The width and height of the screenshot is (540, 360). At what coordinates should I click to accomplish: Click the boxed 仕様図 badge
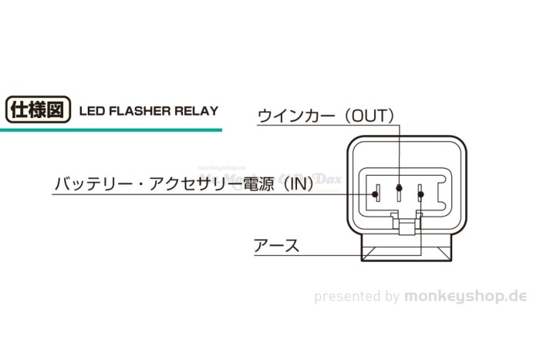coord(38,109)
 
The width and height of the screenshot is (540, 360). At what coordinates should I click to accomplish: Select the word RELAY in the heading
coord(197,110)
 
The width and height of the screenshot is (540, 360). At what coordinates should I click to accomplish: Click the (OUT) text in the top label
coord(370,116)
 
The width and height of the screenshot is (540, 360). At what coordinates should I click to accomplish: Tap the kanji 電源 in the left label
coord(261,185)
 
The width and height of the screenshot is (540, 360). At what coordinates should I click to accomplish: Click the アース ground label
coord(276,247)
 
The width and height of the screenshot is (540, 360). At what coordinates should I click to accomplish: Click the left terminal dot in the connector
coord(376,193)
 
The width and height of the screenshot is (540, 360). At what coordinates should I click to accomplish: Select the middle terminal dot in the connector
coord(399,188)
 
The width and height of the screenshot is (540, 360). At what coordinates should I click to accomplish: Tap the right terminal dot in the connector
coord(420,193)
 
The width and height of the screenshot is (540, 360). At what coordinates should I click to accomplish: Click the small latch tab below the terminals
coord(404,225)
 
